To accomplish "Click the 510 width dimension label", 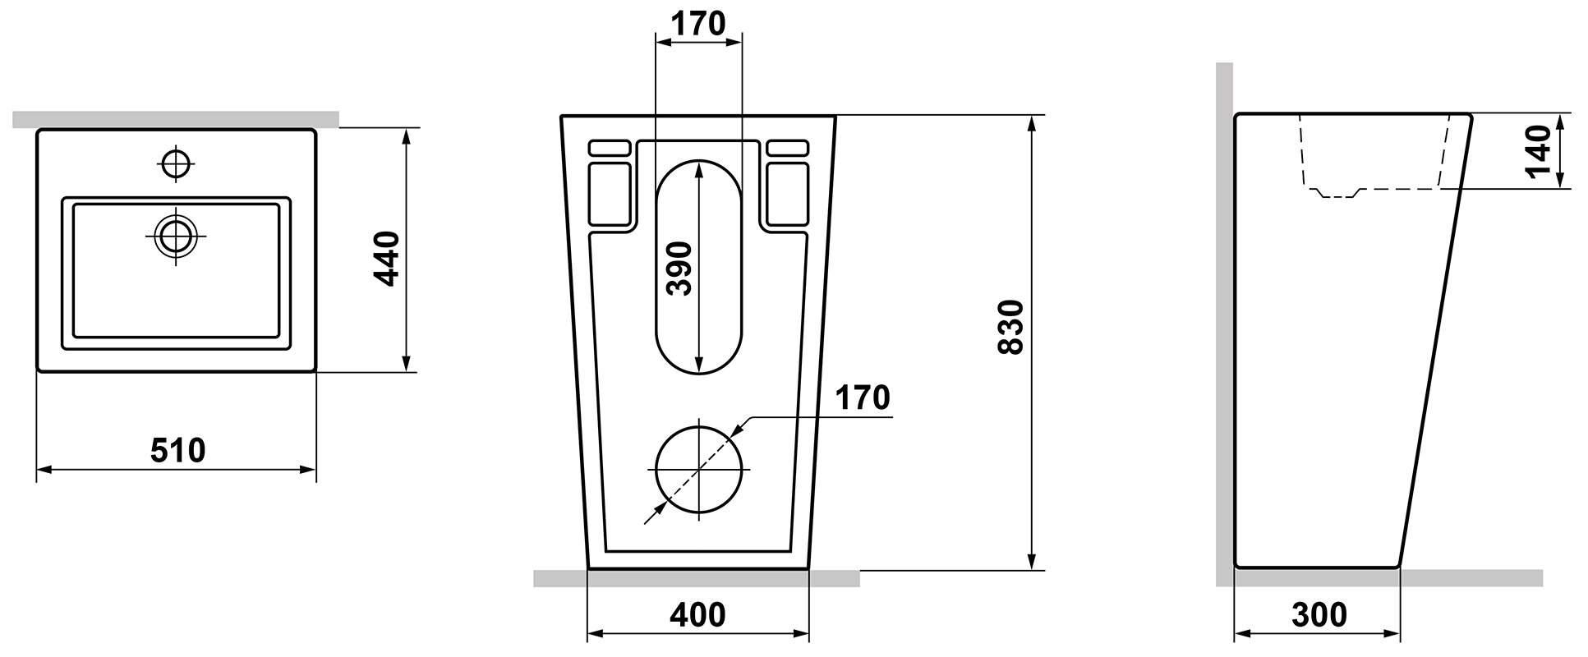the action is (177, 450).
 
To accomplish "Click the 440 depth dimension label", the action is (385, 259).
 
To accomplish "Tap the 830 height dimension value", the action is (1010, 327).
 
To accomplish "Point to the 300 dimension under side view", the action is (1319, 614).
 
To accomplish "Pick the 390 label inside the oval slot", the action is (679, 269).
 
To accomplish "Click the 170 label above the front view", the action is (698, 25).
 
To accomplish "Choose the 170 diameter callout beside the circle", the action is (863, 397).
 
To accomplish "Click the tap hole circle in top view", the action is (175, 163).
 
